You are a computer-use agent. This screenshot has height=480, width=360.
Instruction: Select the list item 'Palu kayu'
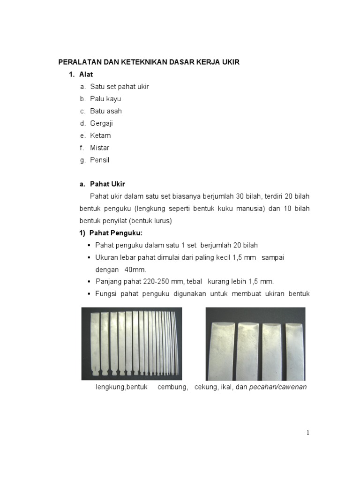click(105, 99)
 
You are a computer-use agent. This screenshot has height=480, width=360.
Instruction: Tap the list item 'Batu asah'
click(106, 111)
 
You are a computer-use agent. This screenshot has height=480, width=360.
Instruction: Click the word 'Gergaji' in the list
click(102, 123)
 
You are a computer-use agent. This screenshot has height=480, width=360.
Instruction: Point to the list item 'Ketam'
click(100, 135)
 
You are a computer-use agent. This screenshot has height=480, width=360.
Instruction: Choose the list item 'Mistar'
click(100, 148)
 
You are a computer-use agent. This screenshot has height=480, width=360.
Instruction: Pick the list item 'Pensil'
click(99, 160)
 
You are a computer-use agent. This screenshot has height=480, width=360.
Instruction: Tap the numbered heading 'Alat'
click(86, 75)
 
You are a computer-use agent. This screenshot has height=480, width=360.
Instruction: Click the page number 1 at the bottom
click(308, 433)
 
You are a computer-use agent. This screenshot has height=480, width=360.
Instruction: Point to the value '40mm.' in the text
click(135, 270)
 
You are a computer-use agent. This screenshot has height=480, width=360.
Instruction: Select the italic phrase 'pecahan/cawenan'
click(278, 387)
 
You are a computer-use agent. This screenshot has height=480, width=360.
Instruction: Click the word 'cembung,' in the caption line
click(173, 387)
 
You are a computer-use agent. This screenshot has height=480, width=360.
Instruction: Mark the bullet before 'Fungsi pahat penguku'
click(89, 294)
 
